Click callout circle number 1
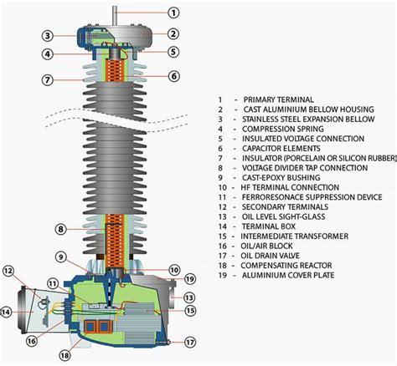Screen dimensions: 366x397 coord(173,13)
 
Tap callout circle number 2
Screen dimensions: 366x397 coord(173,34)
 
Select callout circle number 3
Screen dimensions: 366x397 coord(49,36)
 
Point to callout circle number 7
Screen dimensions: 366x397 coord(49,80)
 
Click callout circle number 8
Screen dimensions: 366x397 coord(60,229)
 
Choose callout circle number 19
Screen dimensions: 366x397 coord(189,278)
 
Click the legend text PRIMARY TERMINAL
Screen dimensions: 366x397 coord(282,99)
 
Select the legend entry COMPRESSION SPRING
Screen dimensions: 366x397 coord(282,130)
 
